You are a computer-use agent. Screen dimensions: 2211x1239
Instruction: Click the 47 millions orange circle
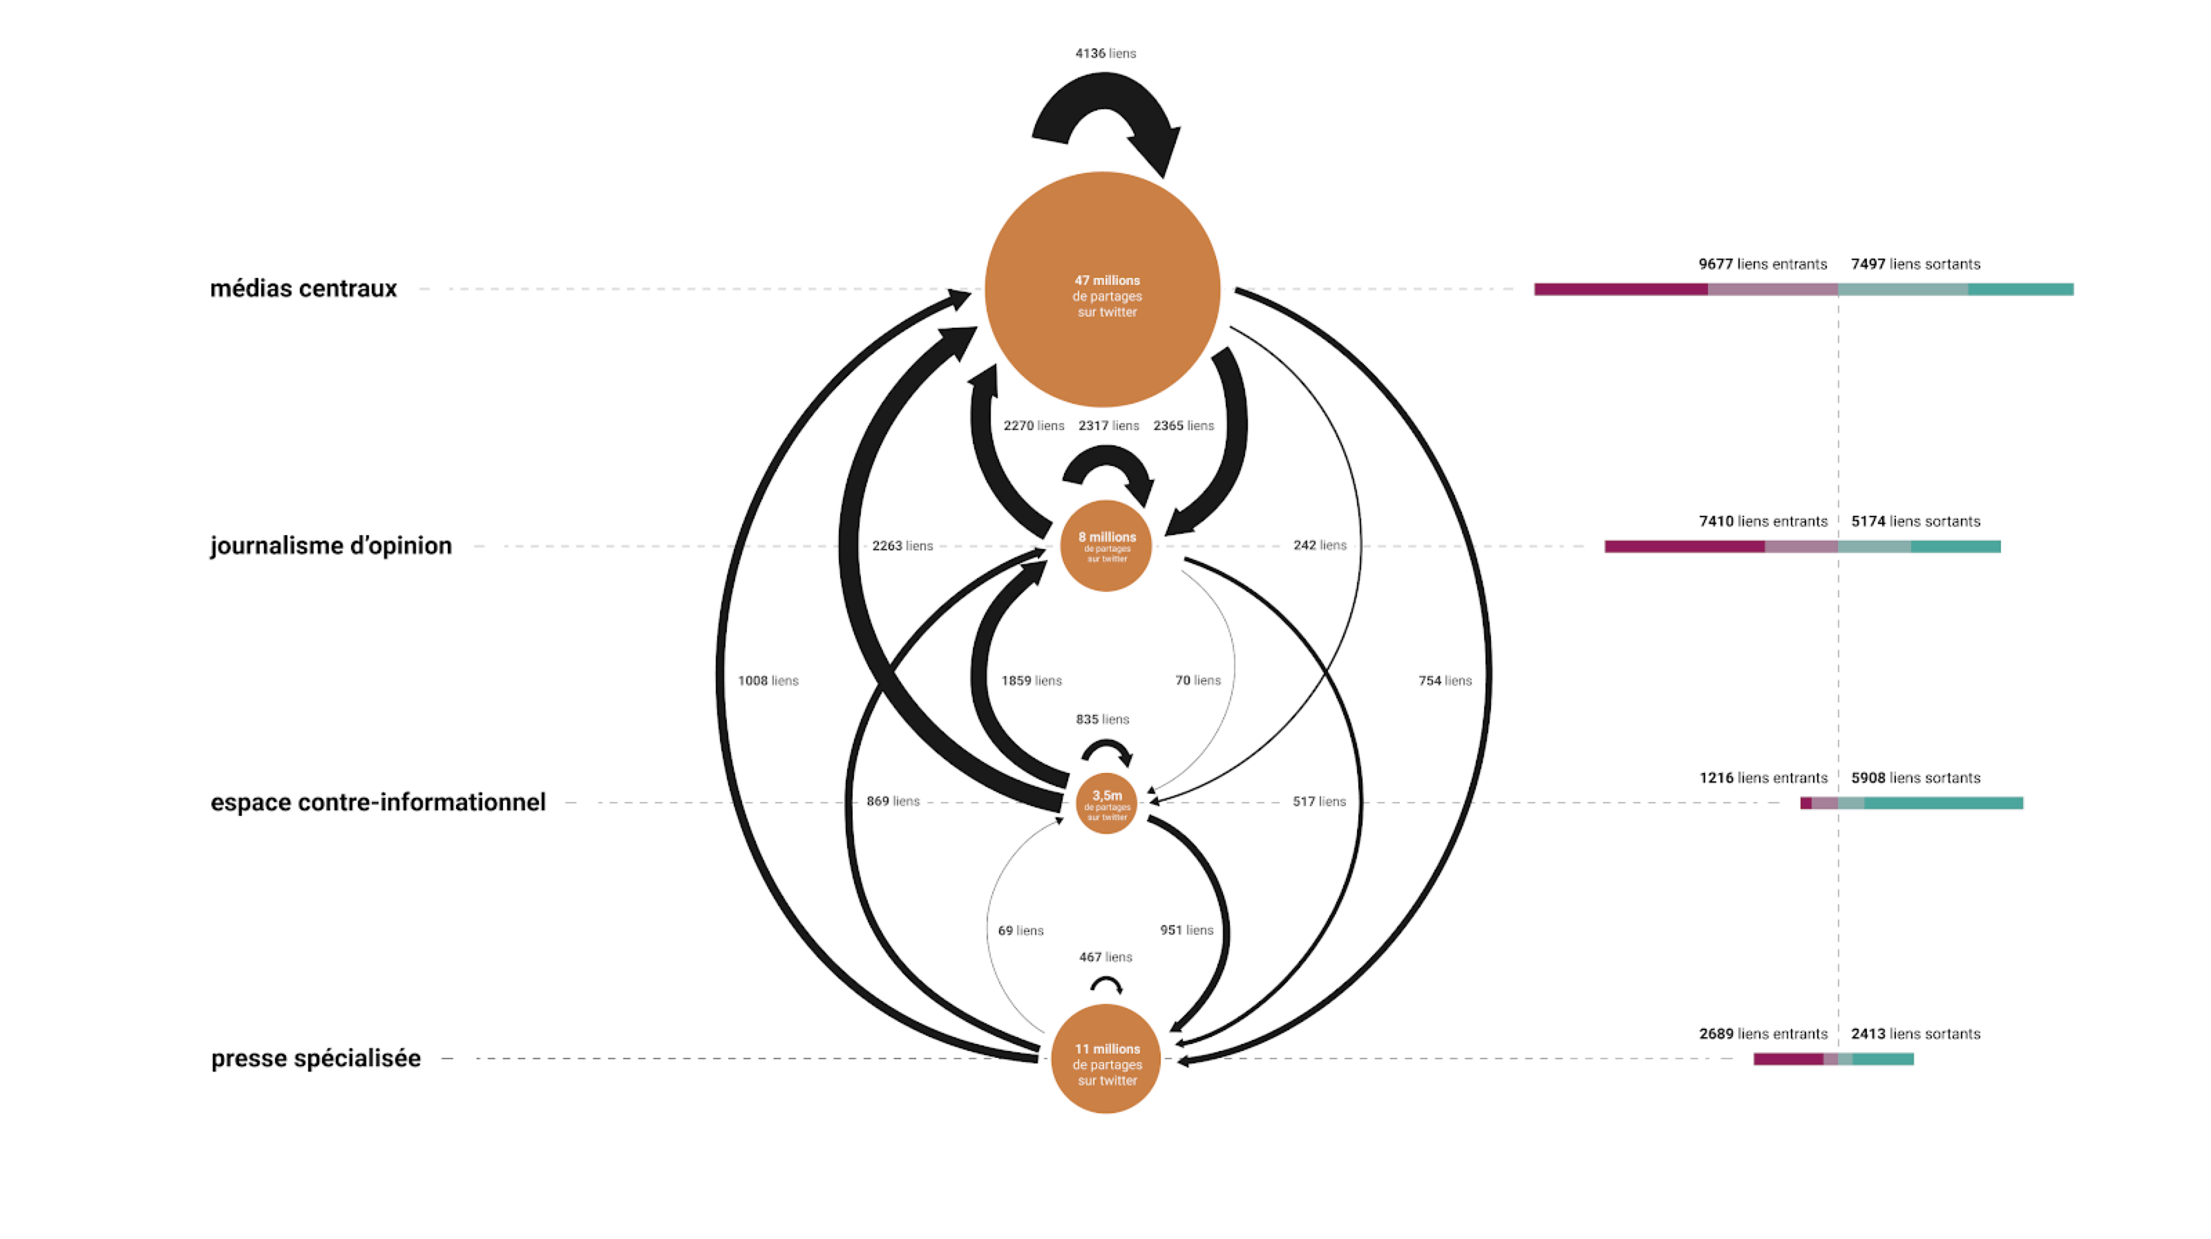1103,290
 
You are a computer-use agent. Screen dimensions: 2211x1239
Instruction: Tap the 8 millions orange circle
1106,546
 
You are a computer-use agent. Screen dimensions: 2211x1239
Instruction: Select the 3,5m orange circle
1106,803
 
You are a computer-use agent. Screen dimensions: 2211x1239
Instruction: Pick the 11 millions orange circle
1105,1059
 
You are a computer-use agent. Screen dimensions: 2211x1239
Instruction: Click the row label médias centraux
304,288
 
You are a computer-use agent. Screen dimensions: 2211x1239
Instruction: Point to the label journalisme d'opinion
332,546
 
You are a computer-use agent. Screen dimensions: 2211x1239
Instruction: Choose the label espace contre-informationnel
379,802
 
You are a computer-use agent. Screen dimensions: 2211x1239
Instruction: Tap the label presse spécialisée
316,1059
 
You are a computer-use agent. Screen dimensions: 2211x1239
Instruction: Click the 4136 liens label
1105,53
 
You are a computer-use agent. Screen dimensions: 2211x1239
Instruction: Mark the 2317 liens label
1109,426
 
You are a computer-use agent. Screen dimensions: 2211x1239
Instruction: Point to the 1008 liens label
768,681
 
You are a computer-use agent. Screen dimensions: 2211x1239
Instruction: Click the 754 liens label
1445,681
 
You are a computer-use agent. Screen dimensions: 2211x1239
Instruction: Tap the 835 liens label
1103,720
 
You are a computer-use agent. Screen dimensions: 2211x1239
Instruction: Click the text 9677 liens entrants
1763,264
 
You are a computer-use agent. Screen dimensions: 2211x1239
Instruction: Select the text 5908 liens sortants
1916,778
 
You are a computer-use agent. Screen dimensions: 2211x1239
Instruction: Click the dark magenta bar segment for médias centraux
1622,290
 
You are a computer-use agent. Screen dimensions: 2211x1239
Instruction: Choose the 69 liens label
1021,931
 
